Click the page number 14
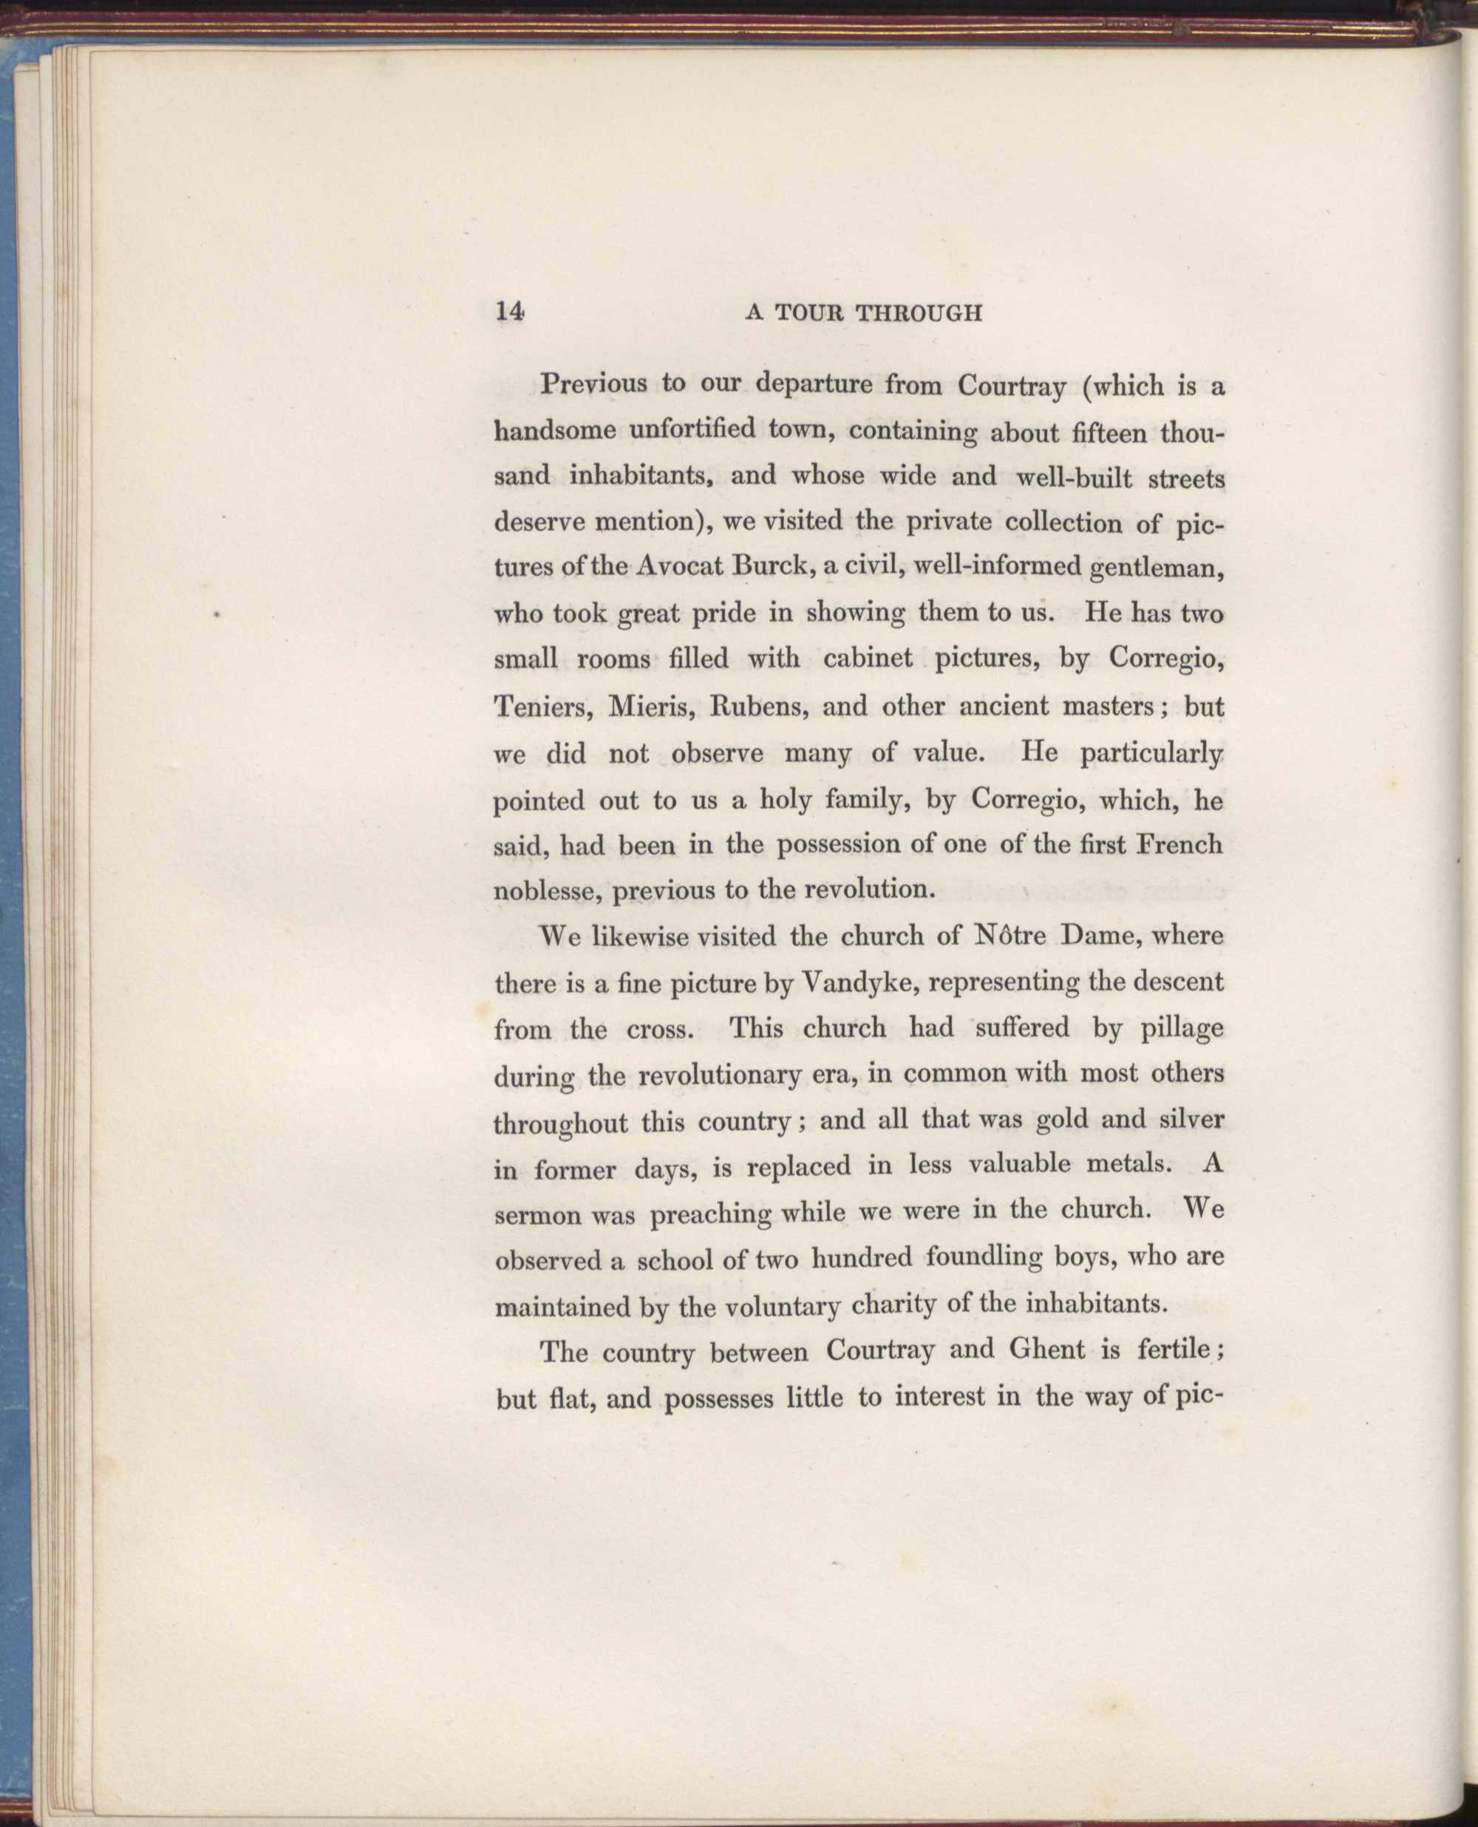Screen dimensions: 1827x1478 coord(509,312)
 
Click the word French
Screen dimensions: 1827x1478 coord(1180,845)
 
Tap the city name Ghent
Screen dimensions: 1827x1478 coord(1046,1350)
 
